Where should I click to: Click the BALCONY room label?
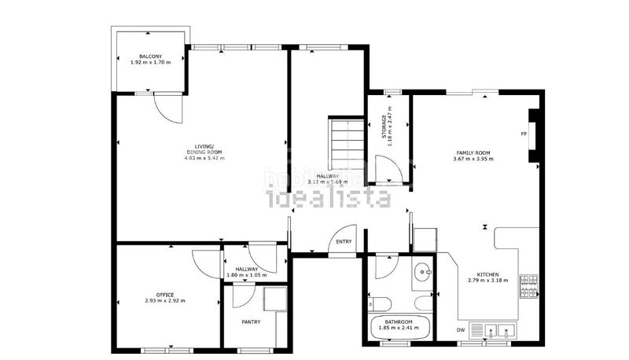pyautogui.click(x=151, y=56)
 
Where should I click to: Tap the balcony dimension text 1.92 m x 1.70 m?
pyautogui.click(x=151, y=62)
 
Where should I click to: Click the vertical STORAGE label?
pyautogui.click(x=384, y=127)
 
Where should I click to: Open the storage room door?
pyautogui.click(x=388, y=168)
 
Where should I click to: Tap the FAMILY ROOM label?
pyautogui.click(x=473, y=152)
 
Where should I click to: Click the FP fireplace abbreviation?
pyautogui.click(x=524, y=134)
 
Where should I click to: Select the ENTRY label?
pyautogui.click(x=344, y=241)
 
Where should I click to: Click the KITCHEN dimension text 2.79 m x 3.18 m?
pyautogui.click(x=487, y=281)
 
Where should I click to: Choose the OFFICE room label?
pyautogui.click(x=165, y=294)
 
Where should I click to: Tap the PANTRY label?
pyautogui.click(x=252, y=321)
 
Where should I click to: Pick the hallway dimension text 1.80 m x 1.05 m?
pyautogui.click(x=247, y=275)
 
